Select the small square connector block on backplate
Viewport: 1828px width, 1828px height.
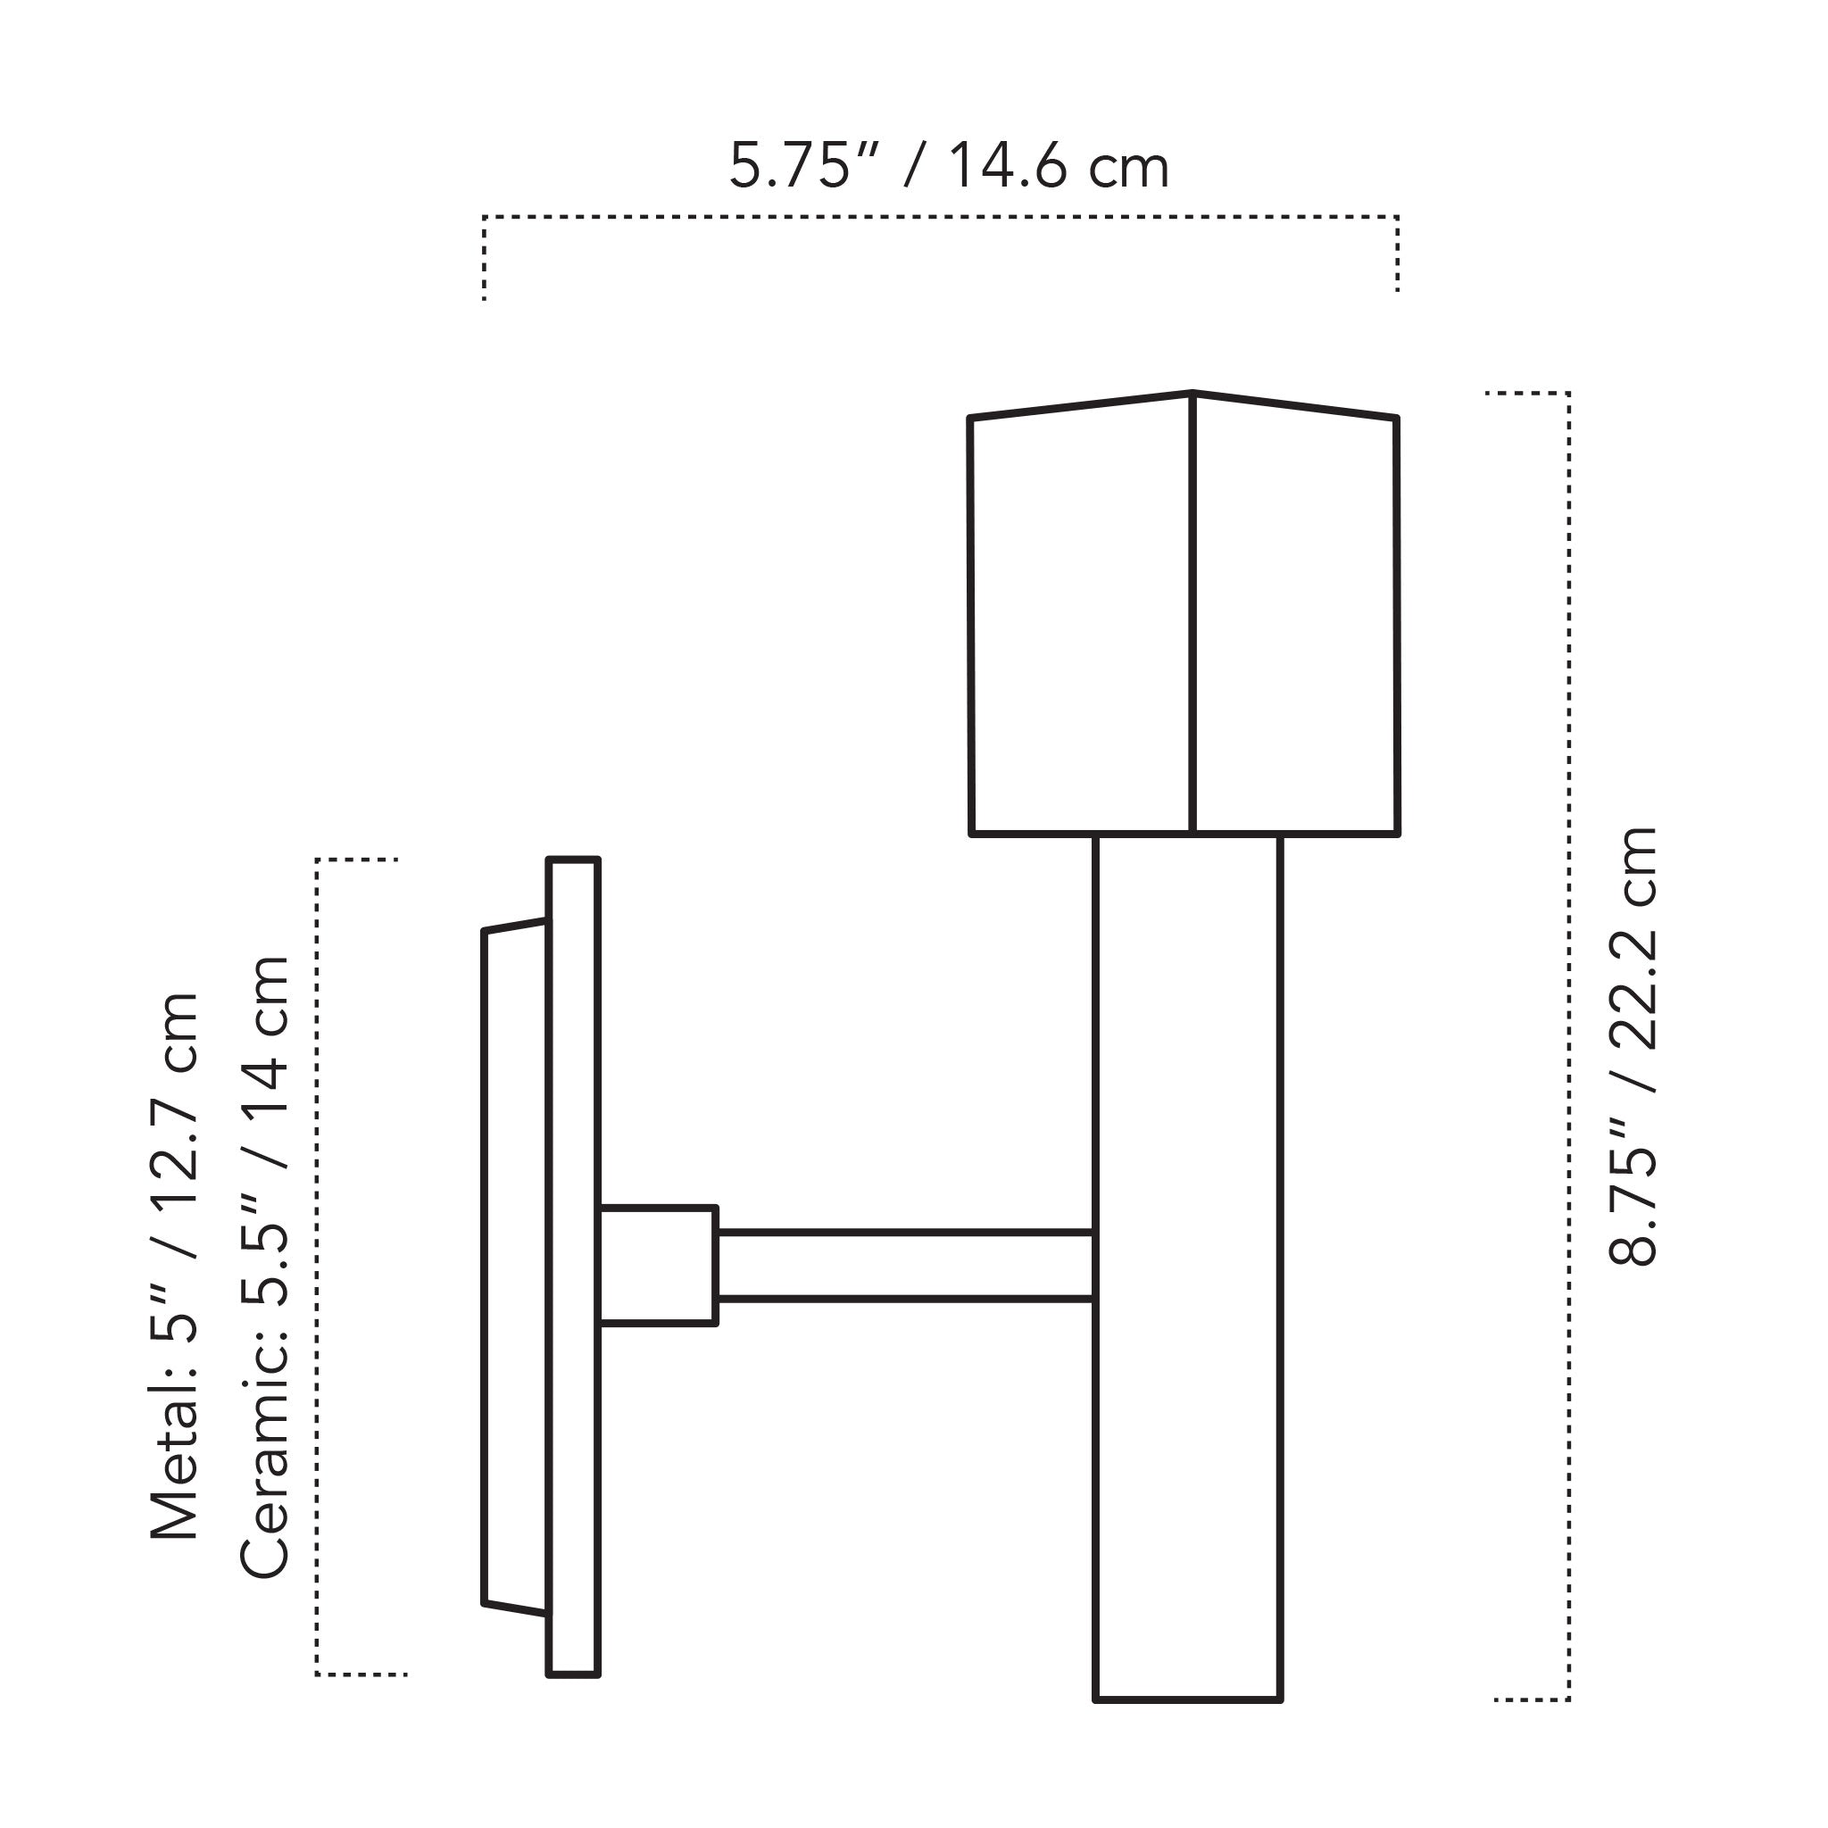(658, 1265)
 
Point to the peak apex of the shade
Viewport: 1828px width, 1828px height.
(1192, 393)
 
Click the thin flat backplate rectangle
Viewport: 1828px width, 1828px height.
(573, 1267)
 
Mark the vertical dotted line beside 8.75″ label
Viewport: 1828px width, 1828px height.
(1569, 1041)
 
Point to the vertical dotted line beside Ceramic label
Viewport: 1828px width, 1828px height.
(317, 1267)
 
